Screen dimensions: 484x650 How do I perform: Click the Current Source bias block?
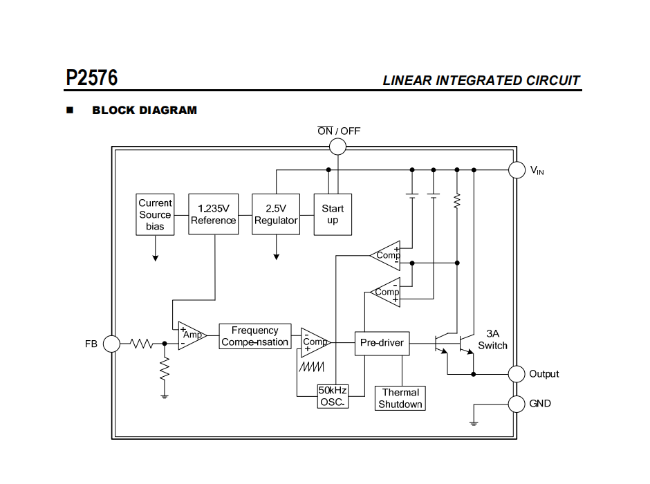point(155,214)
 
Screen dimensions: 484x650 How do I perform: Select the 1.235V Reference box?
point(213,214)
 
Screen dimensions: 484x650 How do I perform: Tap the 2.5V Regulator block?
point(276,214)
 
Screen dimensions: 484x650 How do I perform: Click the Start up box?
point(333,214)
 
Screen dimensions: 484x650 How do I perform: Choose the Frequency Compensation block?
point(254,337)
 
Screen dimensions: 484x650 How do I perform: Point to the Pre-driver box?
point(382,343)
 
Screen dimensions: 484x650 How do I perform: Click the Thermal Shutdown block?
point(400,398)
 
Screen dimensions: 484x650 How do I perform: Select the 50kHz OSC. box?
point(332,396)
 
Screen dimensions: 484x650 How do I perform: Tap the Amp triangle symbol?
point(191,335)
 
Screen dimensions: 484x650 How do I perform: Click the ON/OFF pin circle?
point(337,146)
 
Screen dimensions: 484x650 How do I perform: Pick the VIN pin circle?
point(517,169)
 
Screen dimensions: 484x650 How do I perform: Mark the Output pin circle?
point(517,374)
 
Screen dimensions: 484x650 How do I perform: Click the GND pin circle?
point(517,403)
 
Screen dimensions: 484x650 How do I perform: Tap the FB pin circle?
point(111,343)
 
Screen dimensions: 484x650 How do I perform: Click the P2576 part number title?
point(92,77)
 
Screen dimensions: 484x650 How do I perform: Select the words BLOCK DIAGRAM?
point(145,110)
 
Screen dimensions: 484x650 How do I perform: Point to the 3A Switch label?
point(492,339)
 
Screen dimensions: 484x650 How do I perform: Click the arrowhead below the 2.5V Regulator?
point(276,256)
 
